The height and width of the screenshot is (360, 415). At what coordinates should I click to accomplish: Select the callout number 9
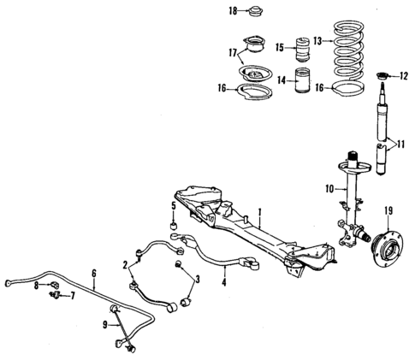point(104,326)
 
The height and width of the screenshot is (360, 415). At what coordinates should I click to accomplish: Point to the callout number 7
point(73,296)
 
